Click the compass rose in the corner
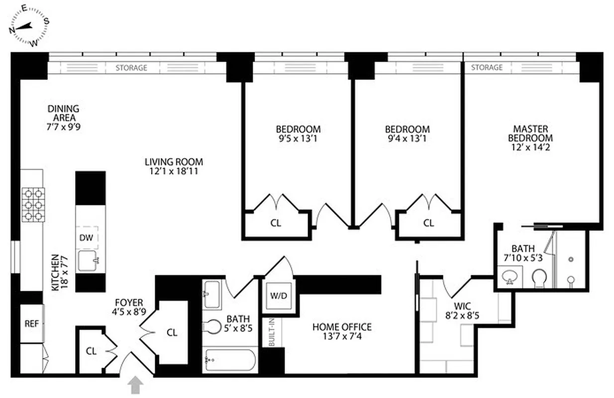tap(29, 26)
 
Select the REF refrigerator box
tap(31, 323)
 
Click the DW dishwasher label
tap(86, 238)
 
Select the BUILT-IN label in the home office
tap(272, 331)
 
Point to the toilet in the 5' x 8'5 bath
tap(211, 326)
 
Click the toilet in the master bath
tap(539, 279)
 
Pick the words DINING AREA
tap(63, 113)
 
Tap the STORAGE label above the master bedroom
tap(487, 67)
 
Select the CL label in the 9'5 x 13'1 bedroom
tap(276, 223)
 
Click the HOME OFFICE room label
tap(342, 327)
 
